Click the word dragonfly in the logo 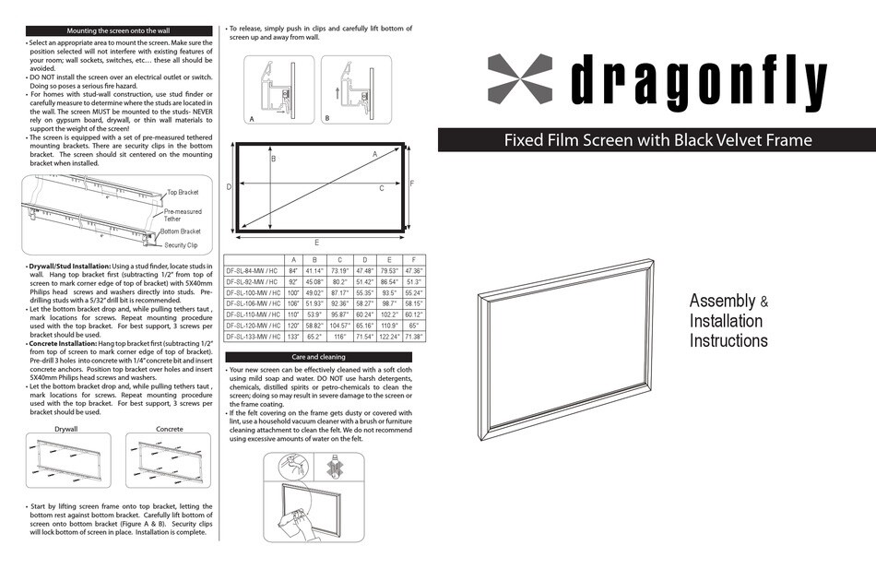pos(699,80)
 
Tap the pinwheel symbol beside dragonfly pos(520,78)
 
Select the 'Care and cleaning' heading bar pos(318,357)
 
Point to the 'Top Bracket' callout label pos(183,192)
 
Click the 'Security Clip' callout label pos(181,245)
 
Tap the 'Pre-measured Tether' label pos(183,215)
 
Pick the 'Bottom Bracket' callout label pos(183,231)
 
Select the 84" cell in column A pos(293,270)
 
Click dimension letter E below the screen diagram pos(317,242)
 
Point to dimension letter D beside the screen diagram pos(229,186)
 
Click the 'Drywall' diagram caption pos(65,429)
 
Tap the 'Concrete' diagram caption pos(170,429)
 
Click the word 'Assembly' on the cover pos(723,302)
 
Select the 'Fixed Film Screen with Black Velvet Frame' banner pos(657,140)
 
